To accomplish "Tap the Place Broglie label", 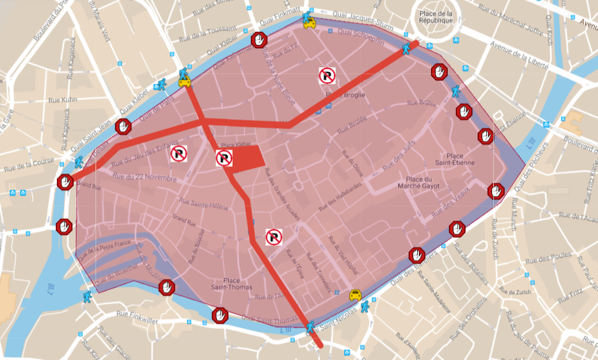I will (346, 95).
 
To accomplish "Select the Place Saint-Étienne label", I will (460, 159).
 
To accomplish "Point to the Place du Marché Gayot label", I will (422, 182).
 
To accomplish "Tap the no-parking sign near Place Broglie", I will (327, 75).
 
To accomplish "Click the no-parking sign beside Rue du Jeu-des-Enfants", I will (178, 153).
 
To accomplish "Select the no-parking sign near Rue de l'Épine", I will (274, 236).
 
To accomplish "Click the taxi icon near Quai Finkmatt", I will (310, 24).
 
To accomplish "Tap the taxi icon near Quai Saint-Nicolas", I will (356, 295).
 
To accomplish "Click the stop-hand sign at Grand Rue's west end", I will (65, 182).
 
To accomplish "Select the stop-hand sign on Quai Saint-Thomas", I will (220, 315).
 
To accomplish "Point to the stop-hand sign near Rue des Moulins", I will (167, 286).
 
